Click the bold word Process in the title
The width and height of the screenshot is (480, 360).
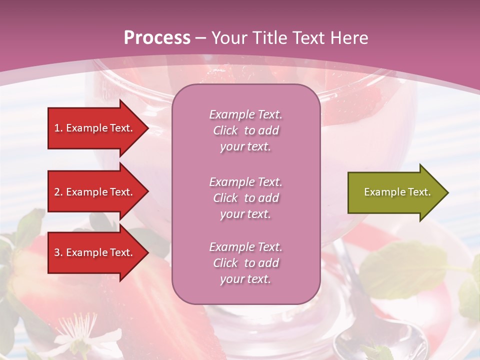tap(157, 38)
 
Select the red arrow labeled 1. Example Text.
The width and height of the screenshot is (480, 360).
tap(95, 128)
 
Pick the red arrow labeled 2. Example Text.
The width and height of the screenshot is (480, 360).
tap(95, 192)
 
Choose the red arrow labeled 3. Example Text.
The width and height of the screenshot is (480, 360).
tap(95, 252)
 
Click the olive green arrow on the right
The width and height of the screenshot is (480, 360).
tap(395, 192)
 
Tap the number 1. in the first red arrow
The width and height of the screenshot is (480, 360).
tap(58, 128)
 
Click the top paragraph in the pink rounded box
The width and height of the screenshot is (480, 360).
tap(245, 130)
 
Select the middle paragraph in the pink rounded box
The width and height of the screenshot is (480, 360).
tap(245, 198)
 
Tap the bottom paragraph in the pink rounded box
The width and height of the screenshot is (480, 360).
tap(245, 263)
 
